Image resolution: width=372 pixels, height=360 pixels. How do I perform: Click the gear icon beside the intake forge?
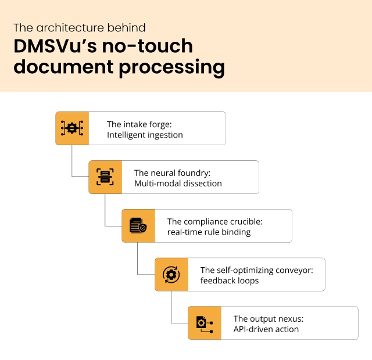(72, 128)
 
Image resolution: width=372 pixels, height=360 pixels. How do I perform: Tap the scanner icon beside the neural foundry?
(105, 177)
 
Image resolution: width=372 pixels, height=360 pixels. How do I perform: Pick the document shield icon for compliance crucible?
(138, 226)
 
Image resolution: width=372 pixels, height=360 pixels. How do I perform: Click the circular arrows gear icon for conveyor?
(171, 274)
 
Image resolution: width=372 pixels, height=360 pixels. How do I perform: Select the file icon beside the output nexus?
(204, 323)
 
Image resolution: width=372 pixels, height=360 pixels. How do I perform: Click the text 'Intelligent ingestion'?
(145, 135)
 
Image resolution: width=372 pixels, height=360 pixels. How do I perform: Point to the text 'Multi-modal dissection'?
(178, 183)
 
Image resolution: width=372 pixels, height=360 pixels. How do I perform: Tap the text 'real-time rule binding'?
(209, 232)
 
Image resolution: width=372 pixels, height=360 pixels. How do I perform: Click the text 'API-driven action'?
(266, 329)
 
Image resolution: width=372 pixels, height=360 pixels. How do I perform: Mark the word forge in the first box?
(159, 124)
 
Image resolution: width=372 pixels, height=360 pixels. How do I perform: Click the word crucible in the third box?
(246, 222)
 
